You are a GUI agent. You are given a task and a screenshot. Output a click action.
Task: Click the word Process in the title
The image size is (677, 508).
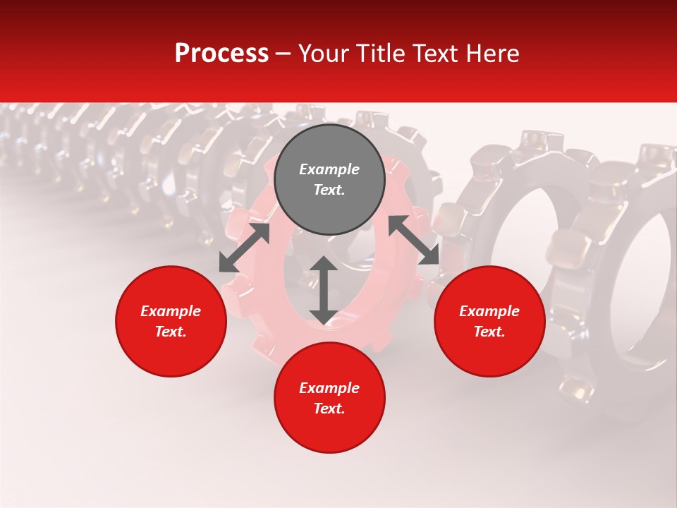221,54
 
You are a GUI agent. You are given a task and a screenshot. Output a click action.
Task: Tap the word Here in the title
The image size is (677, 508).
491,54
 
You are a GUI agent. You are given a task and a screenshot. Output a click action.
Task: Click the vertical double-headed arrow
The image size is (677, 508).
324,290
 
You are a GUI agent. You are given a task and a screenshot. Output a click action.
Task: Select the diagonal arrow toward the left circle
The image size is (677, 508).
244,248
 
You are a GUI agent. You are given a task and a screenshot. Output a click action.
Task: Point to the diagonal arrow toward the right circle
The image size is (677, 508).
413,240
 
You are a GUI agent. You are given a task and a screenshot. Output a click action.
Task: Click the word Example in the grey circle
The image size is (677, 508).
329,169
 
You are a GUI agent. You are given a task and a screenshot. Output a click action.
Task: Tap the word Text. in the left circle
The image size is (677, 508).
171,332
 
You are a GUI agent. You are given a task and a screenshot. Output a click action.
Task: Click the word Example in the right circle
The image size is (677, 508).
489,311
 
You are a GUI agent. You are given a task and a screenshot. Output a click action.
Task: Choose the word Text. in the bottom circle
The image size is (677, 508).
329,409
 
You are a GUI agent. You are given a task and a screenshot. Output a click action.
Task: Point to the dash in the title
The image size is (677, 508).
283,54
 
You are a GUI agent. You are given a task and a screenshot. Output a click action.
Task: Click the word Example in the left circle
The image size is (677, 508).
171,311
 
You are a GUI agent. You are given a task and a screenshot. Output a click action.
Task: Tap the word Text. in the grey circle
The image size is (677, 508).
329,190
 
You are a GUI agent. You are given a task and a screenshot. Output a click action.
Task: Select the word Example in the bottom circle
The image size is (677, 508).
329,388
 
